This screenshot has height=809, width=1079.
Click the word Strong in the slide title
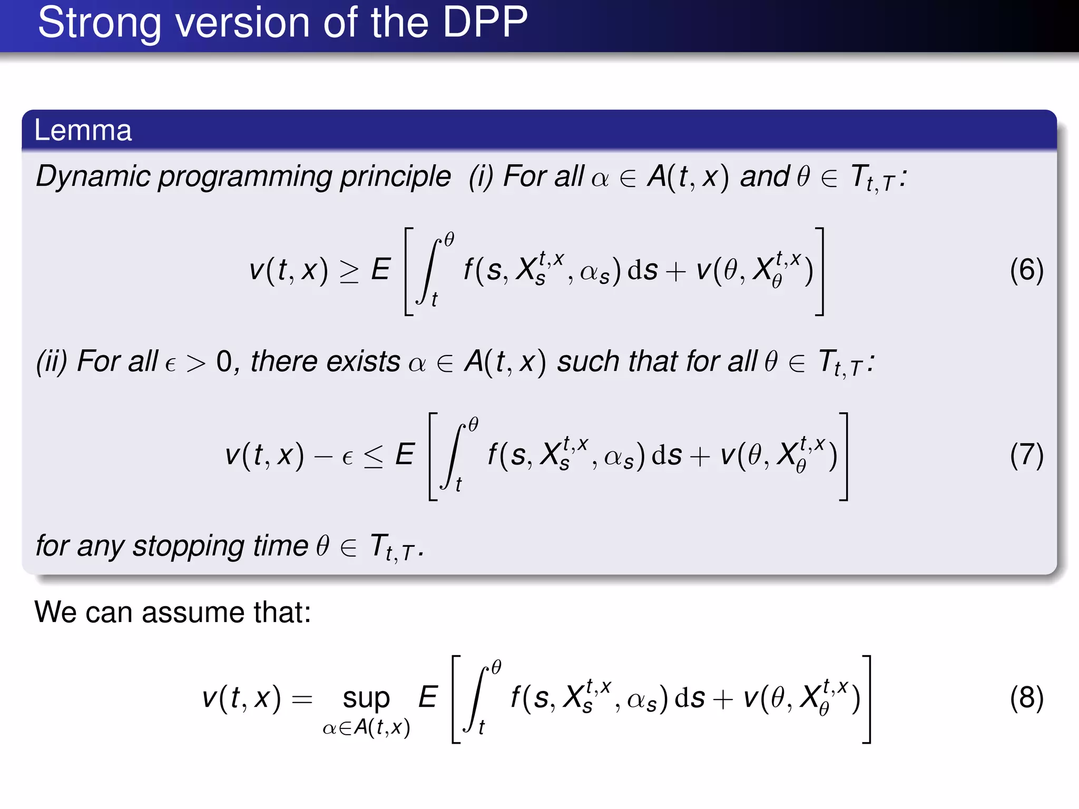[x=99, y=23]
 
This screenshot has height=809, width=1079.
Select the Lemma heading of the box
[x=83, y=130]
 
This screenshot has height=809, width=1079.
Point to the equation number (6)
[x=1026, y=271]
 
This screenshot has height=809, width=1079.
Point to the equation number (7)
[x=1026, y=456]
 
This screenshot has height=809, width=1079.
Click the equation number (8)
[x=1026, y=698]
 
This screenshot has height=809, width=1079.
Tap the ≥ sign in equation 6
[x=349, y=271]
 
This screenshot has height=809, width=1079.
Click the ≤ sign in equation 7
[x=374, y=456]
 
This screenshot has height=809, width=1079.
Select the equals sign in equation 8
[x=302, y=699]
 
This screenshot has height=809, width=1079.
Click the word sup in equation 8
[x=366, y=699]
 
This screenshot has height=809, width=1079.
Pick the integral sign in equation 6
[x=428, y=271]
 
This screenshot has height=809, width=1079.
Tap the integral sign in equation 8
[x=475, y=699]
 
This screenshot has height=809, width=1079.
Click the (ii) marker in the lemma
[x=52, y=362]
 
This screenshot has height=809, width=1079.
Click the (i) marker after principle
[x=481, y=176]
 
